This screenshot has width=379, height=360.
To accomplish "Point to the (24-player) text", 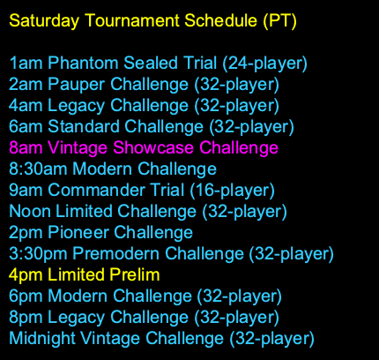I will click(x=264, y=63).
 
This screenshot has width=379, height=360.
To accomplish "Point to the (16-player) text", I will click(x=230, y=190).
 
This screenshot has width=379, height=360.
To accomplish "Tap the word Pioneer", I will click(x=77, y=232).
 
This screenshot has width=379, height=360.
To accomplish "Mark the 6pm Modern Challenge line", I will click(x=144, y=296).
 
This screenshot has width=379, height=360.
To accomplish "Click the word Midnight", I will click(x=41, y=338).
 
